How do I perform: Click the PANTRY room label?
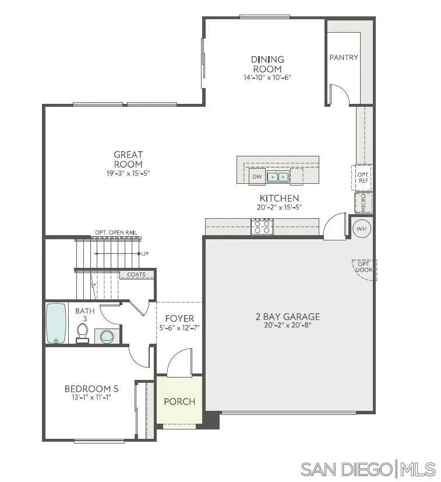(x=344, y=58)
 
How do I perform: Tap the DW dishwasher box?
(x=257, y=176)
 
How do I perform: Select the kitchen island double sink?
(x=277, y=176)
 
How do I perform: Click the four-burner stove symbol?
(x=262, y=226)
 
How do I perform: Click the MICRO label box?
(x=364, y=203)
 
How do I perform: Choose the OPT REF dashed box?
(x=363, y=177)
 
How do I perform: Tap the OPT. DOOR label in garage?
(x=364, y=267)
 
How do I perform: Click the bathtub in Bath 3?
(x=57, y=323)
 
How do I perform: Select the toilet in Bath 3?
(x=82, y=333)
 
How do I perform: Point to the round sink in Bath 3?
(x=107, y=336)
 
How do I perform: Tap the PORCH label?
(x=179, y=401)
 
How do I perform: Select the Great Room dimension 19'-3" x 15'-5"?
(x=128, y=173)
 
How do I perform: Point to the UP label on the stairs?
(x=144, y=254)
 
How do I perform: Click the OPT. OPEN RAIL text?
(x=116, y=233)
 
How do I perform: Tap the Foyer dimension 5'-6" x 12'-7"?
(x=179, y=328)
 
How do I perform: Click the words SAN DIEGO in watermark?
(x=347, y=469)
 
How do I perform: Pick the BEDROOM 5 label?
(x=87, y=389)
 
